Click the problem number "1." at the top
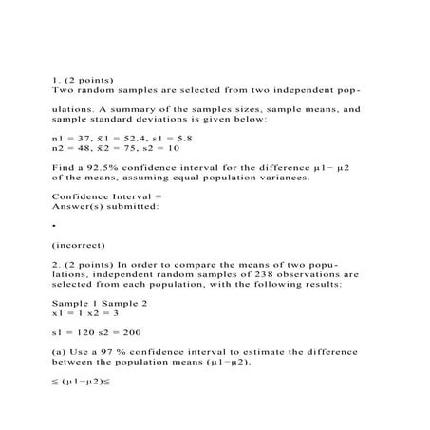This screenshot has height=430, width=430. (x=55, y=81)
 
